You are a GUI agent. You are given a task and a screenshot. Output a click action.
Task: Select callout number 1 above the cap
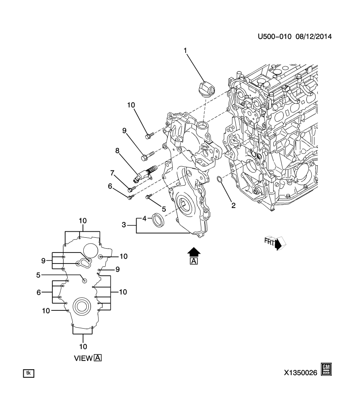pos(185,51)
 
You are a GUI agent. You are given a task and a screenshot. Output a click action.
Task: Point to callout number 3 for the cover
pos(124,225)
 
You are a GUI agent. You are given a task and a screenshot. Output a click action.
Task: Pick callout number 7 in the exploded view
pos(113,173)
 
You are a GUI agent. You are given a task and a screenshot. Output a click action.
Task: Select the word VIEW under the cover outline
pos(83,358)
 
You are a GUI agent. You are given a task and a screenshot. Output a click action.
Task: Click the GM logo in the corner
pos(327,369)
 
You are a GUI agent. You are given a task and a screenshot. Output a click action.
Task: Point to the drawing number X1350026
pos(301,373)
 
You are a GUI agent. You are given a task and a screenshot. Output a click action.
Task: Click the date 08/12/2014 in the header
pos(313,37)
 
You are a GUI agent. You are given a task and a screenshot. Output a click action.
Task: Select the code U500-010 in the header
pos(275,37)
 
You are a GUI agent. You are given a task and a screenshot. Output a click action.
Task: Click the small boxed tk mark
pos(28,373)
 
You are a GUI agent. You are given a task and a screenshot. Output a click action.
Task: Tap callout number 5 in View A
pos(38,275)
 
